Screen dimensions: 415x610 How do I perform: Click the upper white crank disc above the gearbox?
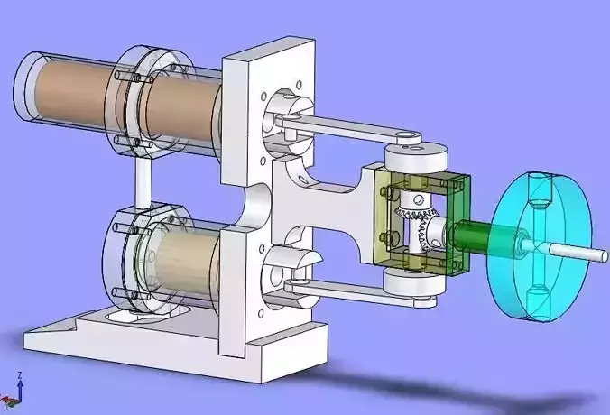click(x=416, y=158)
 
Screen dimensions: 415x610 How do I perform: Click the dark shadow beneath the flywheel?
click(x=505, y=383)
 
